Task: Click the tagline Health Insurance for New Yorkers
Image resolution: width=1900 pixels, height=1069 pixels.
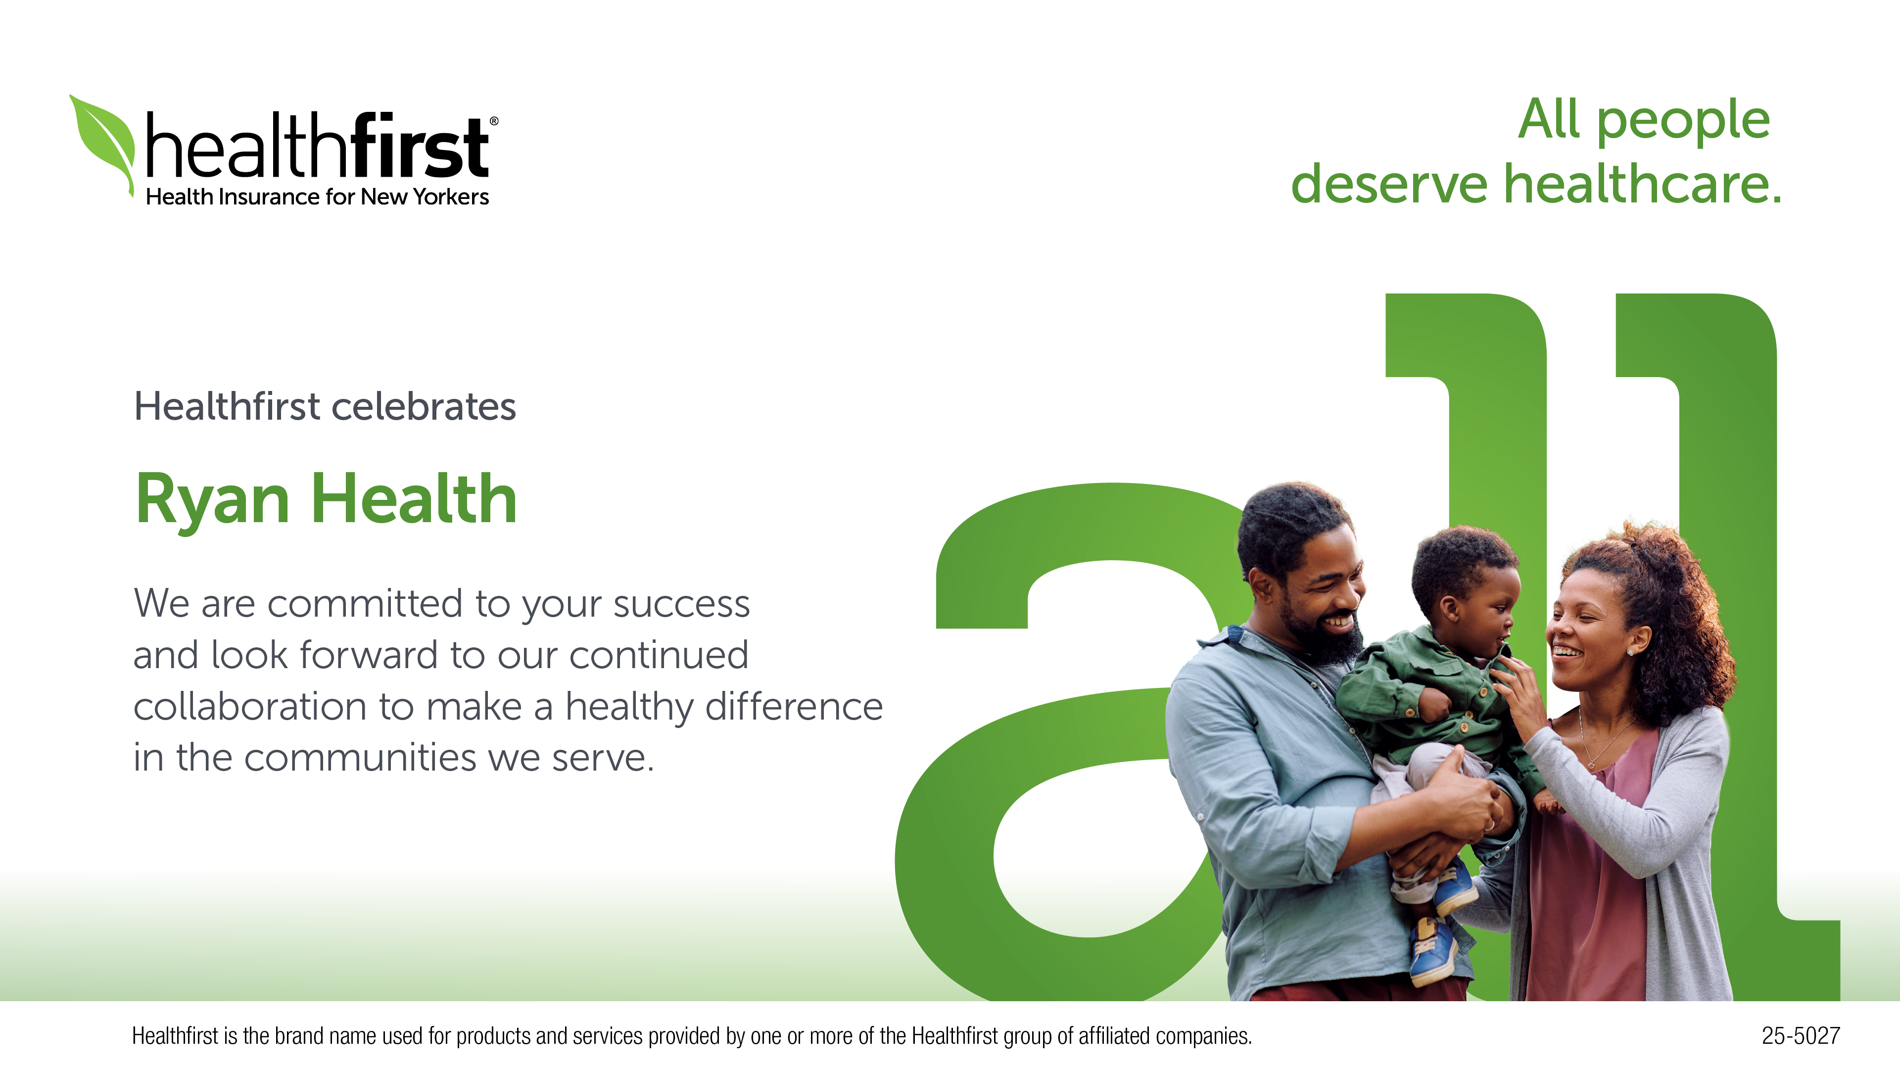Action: click(317, 197)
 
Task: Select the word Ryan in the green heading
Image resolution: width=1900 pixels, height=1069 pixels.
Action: click(212, 501)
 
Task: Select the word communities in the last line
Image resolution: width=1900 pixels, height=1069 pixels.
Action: click(360, 758)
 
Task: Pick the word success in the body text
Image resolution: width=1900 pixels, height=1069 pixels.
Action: click(681, 604)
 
